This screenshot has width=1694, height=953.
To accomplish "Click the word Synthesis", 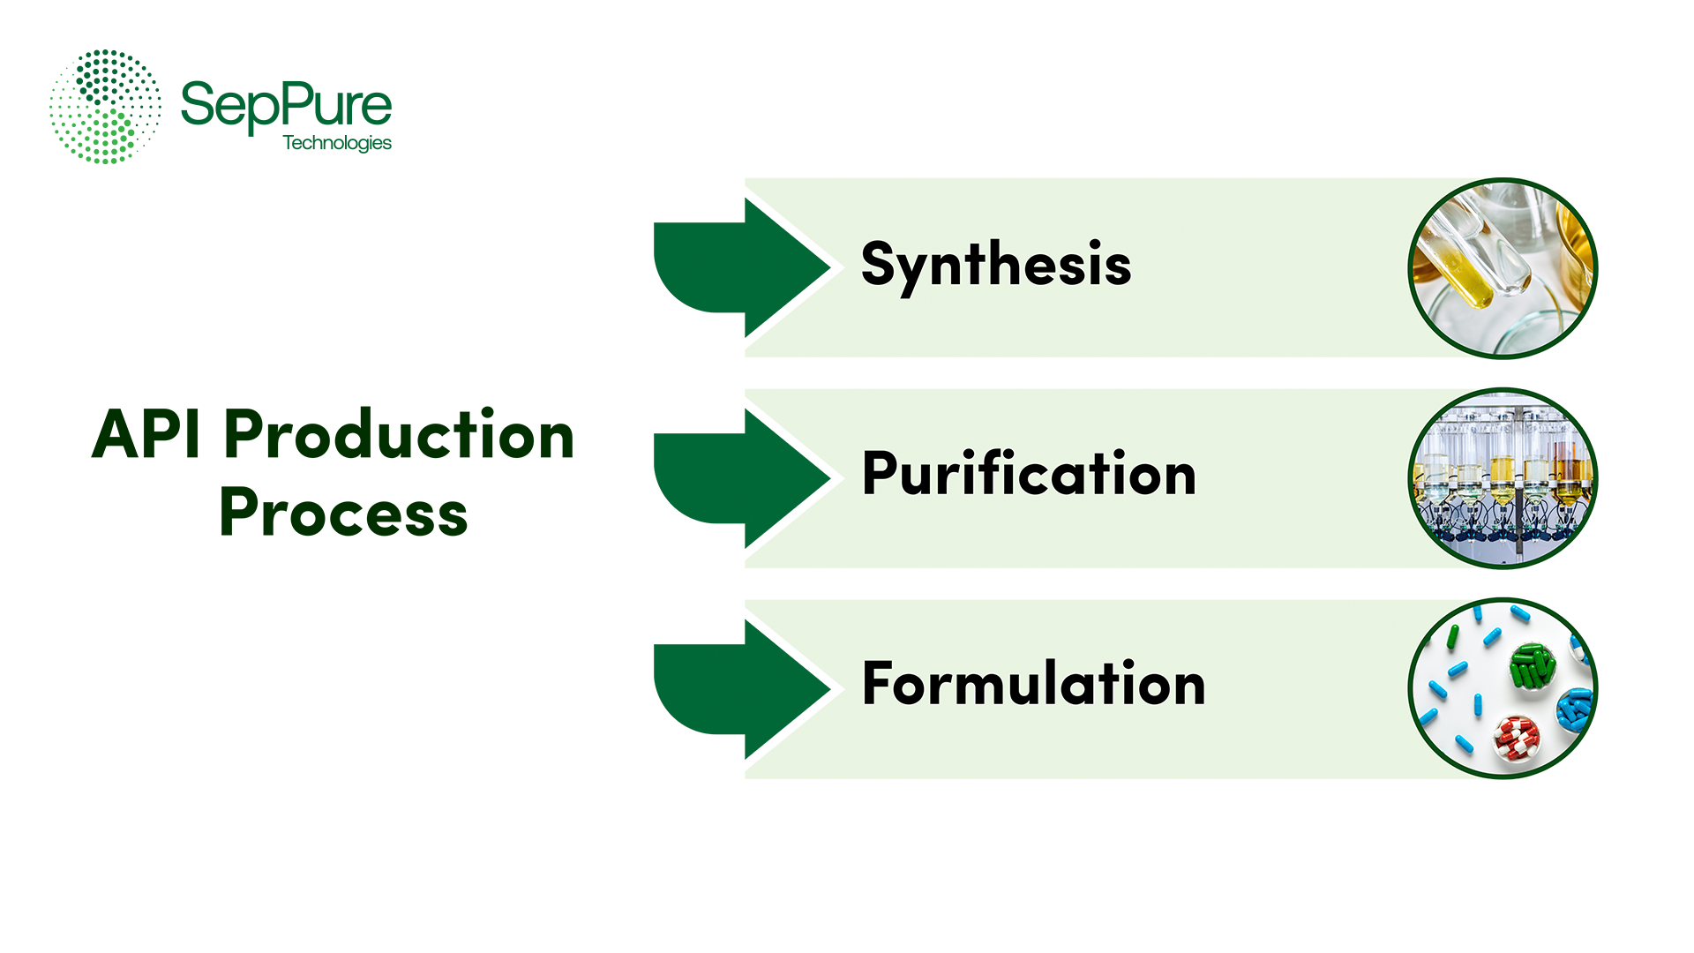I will pos(995,265).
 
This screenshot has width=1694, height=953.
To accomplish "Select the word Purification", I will pos(1029,474).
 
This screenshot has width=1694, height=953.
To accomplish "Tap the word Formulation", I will pos(1033,684).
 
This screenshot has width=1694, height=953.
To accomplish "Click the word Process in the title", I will pos(343,513).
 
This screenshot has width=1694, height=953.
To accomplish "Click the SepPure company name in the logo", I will pos(286,106).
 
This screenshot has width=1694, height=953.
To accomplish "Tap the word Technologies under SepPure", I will pos(337,143).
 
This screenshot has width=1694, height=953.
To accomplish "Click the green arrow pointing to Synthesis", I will pos(741,267).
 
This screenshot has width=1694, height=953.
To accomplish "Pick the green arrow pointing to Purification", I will pos(741,478).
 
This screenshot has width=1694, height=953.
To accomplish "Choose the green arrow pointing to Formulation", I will pos(741,689).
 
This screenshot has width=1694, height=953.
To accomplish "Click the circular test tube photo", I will pos(1503,268).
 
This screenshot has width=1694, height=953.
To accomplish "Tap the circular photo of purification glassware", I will pos(1503,478).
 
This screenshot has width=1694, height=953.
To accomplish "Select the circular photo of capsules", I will pos(1503,688).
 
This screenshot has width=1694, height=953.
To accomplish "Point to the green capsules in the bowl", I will pos(1532,667).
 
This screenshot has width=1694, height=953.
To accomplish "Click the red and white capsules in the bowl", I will pos(1517,739).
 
